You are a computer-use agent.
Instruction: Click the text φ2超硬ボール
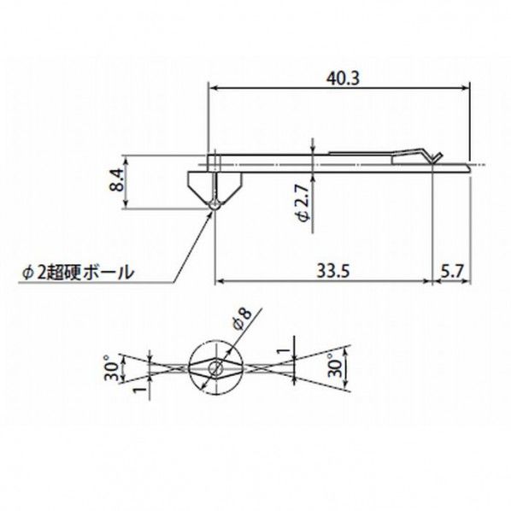coord(78,273)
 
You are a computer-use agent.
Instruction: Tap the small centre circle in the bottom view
coord(214,369)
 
